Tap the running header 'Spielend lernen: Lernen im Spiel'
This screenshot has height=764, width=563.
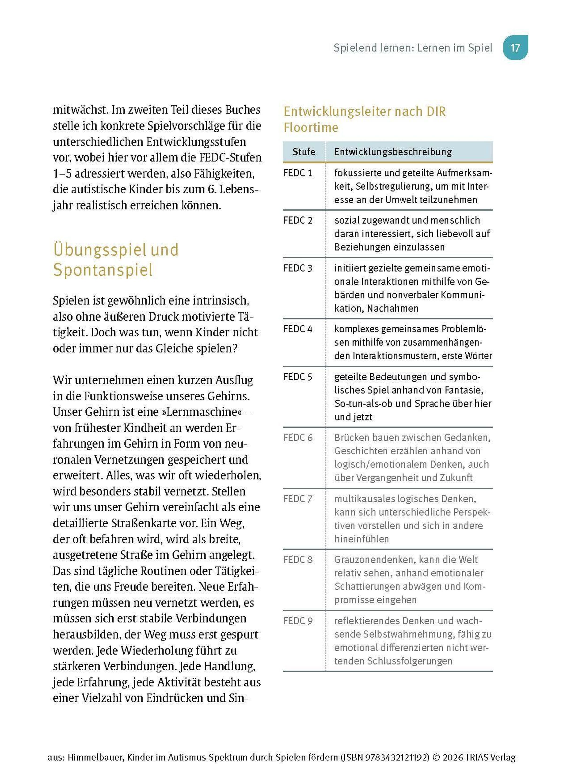(413, 48)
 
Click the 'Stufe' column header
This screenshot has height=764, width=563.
(304, 152)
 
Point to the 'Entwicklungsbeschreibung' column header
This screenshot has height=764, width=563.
(393, 152)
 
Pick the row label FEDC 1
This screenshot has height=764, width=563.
(297, 173)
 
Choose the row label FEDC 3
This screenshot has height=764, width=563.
(297, 268)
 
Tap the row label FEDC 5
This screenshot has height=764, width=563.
(297, 377)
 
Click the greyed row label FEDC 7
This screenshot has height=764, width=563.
(297, 499)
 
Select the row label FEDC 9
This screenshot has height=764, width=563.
(297, 621)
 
